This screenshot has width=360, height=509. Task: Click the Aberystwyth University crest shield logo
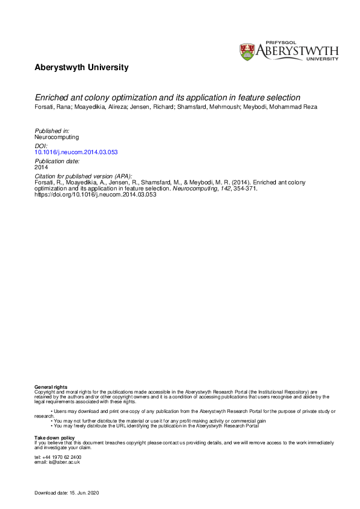(247, 51)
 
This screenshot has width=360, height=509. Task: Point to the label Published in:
(53, 131)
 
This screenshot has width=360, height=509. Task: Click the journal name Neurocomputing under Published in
(57, 137)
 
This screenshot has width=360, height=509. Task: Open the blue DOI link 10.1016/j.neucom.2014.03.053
(76, 152)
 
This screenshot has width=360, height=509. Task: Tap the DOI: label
(42, 146)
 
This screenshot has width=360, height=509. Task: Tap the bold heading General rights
(51, 386)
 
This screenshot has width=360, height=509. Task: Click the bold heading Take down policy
(54, 437)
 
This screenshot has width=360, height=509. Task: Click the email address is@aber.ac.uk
(63, 462)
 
